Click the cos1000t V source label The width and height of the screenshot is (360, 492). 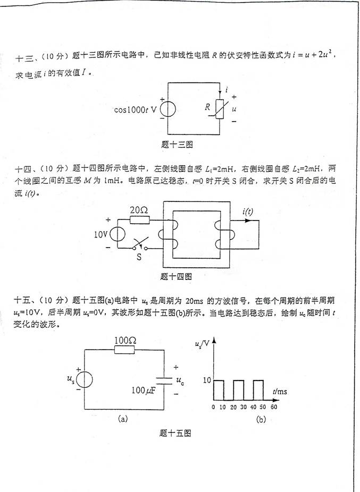tap(136, 111)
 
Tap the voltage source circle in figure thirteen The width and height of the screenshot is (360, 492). tap(168, 109)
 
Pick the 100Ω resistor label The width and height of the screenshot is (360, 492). tap(125, 338)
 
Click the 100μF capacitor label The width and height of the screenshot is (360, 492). tap(145, 391)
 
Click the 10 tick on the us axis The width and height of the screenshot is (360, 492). tap(207, 380)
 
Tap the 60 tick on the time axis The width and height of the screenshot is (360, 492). tap(274, 407)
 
